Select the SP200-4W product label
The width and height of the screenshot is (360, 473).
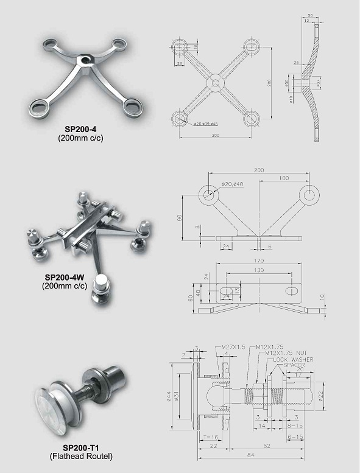[65, 277]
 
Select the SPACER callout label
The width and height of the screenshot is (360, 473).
[294, 366]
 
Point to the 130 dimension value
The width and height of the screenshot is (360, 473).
[259, 270]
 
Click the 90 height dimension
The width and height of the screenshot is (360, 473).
[180, 218]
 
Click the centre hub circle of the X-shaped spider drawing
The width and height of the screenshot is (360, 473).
[216, 82]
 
